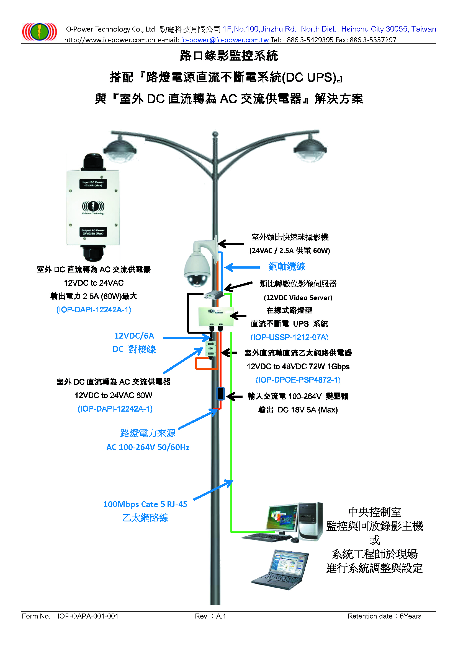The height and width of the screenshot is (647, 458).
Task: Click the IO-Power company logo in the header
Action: coord(40,32)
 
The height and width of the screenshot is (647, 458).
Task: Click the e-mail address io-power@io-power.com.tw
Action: coord(225,40)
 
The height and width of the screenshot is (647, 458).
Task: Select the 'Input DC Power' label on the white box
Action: coord(93,184)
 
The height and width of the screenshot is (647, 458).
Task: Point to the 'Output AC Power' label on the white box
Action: coord(93,232)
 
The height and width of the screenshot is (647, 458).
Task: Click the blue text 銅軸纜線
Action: coord(287,266)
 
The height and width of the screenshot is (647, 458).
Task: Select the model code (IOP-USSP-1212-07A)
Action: coord(289,337)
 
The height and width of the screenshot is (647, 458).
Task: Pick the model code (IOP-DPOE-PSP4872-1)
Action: coord(298,380)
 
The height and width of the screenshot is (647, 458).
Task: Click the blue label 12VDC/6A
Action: coord(134,336)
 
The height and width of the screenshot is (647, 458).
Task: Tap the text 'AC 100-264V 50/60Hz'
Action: coord(148,447)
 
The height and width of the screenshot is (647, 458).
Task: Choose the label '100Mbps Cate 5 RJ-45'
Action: coord(145,504)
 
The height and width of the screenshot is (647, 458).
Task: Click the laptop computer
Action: coord(280,570)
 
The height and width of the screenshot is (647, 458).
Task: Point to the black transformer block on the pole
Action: coord(220,393)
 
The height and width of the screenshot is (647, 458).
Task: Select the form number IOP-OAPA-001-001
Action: coord(88,616)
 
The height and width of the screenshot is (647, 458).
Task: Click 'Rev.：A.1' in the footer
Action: coord(210,616)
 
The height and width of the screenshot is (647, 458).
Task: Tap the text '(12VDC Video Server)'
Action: coord(298,298)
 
